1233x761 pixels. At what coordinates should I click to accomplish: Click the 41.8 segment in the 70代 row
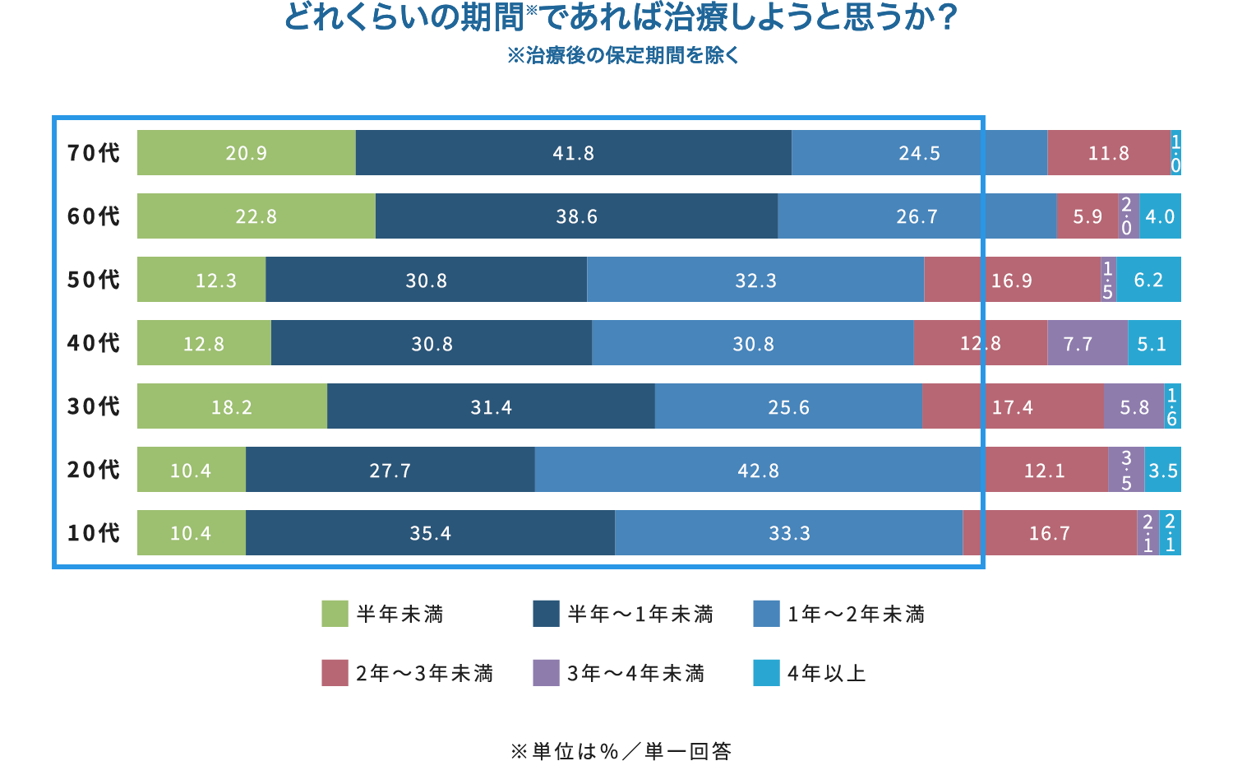pyautogui.click(x=573, y=153)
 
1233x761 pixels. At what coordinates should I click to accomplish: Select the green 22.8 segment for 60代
pyautogui.click(x=256, y=216)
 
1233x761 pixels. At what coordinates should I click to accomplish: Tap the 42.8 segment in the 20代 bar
pyautogui.click(x=758, y=471)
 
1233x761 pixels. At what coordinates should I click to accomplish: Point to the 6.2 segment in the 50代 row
pyautogui.click(x=1148, y=281)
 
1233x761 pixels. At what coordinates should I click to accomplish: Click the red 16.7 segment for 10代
pyautogui.click(x=1050, y=533)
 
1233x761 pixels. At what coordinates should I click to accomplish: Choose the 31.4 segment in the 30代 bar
pyautogui.click(x=491, y=407)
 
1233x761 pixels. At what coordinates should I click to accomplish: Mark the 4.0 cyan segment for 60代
pyautogui.click(x=1160, y=216)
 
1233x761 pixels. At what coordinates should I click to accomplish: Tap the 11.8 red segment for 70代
pyautogui.click(x=1108, y=153)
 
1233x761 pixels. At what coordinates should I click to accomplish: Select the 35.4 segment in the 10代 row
pyautogui.click(x=430, y=533)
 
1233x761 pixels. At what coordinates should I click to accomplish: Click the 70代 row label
pyautogui.click(x=93, y=153)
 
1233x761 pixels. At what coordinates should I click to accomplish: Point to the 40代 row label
pyautogui.click(x=93, y=343)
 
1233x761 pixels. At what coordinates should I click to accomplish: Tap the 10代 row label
pyautogui.click(x=93, y=533)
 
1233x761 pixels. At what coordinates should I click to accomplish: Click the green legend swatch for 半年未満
pyautogui.click(x=335, y=614)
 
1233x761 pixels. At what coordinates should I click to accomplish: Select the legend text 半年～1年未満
pyautogui.click(x=640, y=615)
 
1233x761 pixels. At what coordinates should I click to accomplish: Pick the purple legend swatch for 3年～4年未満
pyautogui.click(x=546, y=673)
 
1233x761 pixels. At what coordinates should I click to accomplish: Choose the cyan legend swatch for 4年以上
pyautogui.click(x=766, y=673)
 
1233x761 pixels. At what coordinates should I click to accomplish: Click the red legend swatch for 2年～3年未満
pyautogui.click(x=335, y=673)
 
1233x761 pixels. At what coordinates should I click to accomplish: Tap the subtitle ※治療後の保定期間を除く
pyautogui.click(x=623, y=56)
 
